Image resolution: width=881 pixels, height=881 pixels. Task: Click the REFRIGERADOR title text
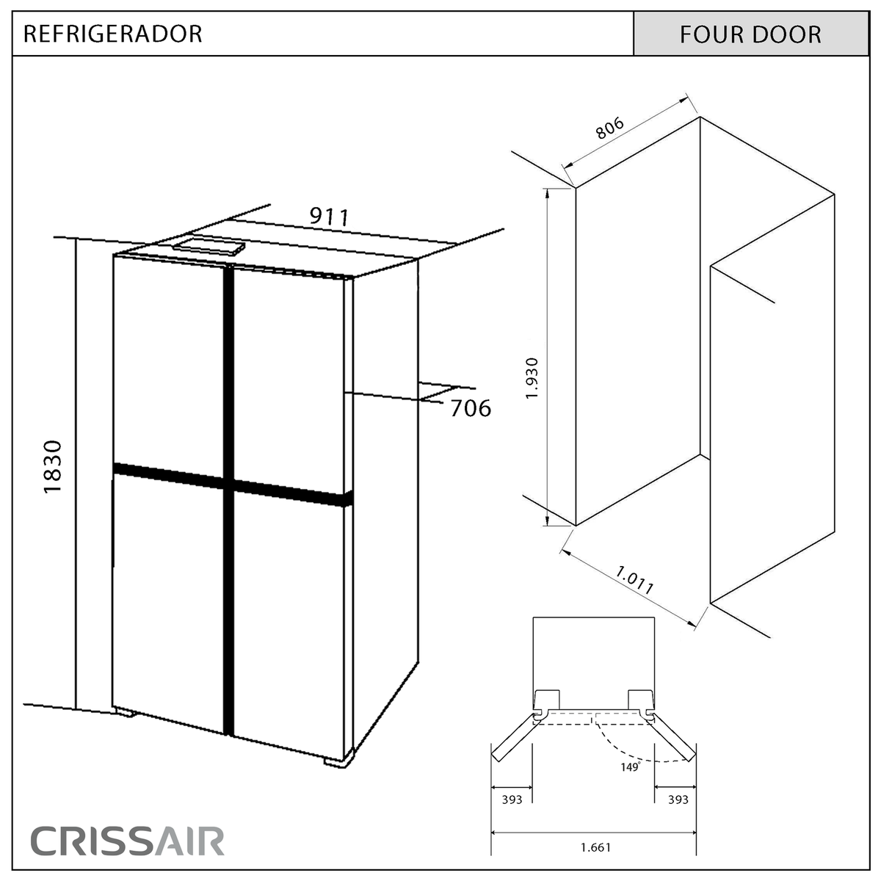[112, 35]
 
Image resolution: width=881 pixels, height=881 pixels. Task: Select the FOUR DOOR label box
[751, 34]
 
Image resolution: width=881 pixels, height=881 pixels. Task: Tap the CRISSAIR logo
[127, 840]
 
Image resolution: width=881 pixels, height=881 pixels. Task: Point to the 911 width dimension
[329, 217]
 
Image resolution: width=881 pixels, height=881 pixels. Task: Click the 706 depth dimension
[471, 408]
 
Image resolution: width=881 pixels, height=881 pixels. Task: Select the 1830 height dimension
[53, 467]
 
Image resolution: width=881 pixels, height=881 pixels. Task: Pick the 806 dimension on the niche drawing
[609, 128]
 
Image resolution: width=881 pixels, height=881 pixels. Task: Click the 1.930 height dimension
[532, 379]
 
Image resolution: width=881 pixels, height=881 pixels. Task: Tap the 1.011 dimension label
[634, 580]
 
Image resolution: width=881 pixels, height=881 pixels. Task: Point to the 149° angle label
[631, 767]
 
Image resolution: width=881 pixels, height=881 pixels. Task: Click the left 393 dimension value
[512, 800]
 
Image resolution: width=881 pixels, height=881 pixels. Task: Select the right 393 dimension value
[678, 800]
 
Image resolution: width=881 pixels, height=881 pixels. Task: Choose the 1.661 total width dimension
[595, 848]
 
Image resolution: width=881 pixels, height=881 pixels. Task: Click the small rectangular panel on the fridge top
[209, 247]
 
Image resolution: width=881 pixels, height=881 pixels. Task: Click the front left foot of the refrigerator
[124, 711]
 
